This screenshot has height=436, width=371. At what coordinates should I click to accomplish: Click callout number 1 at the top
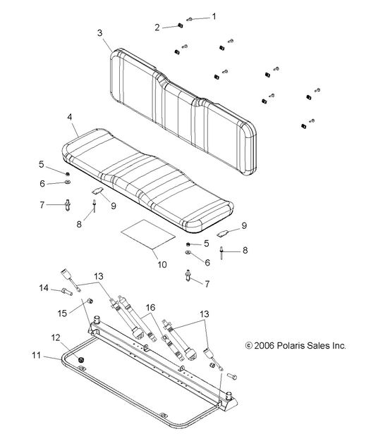[214, 15]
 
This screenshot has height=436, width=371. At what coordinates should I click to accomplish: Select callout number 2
[157, 27]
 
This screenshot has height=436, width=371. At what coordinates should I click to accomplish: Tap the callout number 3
[100, 33]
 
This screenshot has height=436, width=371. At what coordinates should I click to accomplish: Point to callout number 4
[69, 116]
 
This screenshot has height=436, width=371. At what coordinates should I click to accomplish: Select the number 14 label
[44, 287]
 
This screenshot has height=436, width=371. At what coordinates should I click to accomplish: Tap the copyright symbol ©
[248, 346]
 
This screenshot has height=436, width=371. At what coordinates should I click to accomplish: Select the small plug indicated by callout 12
[80, 360]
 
